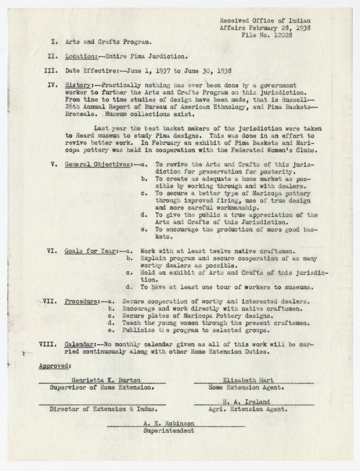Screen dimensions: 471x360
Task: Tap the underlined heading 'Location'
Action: [x=81, y=56]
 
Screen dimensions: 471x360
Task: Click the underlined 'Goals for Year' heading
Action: [x=90, y=250]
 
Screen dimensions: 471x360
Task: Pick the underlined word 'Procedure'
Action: [x=81, y=301]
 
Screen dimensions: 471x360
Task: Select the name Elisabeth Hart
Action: [x=248, y=380]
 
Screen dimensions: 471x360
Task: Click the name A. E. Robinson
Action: [x=169, y=424]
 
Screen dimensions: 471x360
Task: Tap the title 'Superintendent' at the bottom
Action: [x=169, y=431]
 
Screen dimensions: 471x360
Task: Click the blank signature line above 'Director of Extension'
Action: [x=102, y=403]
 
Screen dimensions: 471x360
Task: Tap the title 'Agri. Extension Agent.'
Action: [x=248, y=409]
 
